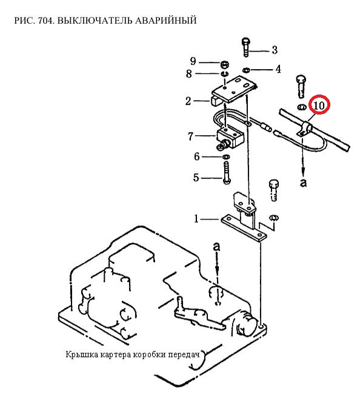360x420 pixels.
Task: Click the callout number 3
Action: click(x=275, y=50)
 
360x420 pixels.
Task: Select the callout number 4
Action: click(x=278, y=69)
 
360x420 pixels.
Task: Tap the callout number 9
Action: click(x=193, y=61)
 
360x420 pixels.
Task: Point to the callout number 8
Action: click(x=189, y=73)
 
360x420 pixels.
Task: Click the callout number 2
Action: click(x=188, y=101)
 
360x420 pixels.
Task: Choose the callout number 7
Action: click(x=190, y=136)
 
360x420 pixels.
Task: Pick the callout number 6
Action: click(x=197, y=156)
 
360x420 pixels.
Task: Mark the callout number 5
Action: click(x=196, y=178)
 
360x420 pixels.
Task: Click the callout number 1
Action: click(x=196, y=219)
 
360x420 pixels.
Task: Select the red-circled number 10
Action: click(x=319, y=105)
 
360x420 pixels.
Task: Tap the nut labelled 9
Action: click(x=224, y=64)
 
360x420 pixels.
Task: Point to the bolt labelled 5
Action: click(x=226, y=173)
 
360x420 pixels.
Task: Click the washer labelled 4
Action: click(x=246, y=70)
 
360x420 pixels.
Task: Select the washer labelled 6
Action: click(x=226, y=156)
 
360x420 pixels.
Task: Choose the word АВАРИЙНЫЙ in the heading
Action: click(x=166, y=21)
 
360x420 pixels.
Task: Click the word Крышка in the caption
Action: click(x=81, y=355)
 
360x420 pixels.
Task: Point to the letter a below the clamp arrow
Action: click(x=303, y=182)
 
